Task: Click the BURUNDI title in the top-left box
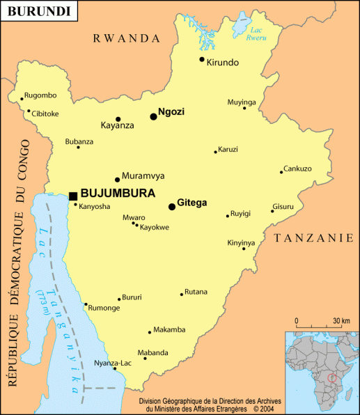pos(38,12)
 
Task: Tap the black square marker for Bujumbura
pos(73,196)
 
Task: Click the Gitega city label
pos(192,203)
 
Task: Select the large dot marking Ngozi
pos(153,116)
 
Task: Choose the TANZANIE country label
pos(314,238)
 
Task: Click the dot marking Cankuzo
pos(281,172)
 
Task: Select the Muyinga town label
pos(242,102)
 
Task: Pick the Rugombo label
pos(40,95)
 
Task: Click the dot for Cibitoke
pos(29,111)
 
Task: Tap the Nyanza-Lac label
pos(113,363)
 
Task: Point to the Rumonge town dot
pos(86,304)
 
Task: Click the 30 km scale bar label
pos(341,320)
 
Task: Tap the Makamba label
pos(169,329)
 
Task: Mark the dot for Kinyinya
pos(244,249)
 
